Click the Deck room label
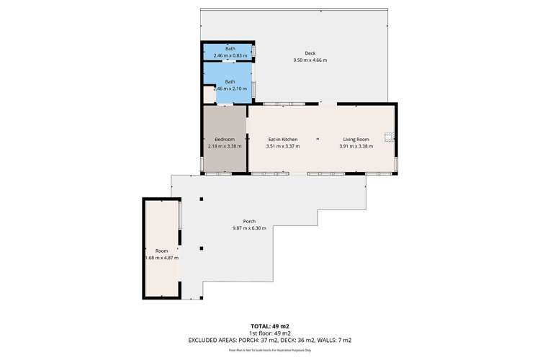click(310, 53)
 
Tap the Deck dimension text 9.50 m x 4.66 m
click(310, 60)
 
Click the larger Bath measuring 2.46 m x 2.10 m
click(230, 85)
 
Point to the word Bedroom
click(225, 139)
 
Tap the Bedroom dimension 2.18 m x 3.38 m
click(225, 146)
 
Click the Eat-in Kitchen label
click(283, 139)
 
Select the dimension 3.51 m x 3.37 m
click(283, 146)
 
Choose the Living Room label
click(355, 139)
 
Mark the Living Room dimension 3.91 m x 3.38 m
click(356, 146)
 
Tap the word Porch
click(249, 221)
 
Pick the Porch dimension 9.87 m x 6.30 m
click(249, 228)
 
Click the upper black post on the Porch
click(202, 199)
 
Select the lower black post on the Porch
click(202, 248)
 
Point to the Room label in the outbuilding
click(161, 251)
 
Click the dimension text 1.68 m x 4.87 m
click(161, 258)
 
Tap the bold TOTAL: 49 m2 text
click(269, 326)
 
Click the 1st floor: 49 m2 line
click(269, 333)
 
